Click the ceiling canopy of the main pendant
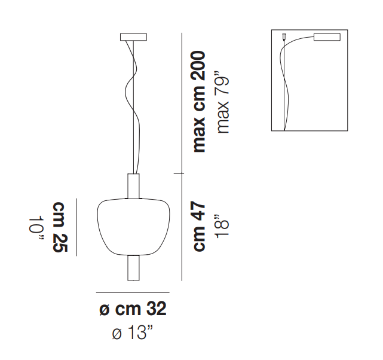tap(133, 37)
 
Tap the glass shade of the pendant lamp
tap(133, 227)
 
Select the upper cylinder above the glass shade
tap(133, 186)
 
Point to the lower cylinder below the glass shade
tap(133, 268)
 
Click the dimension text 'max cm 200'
tap(199, 102)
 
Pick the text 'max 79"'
tap(222, 102)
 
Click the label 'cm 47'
tap(199, 226)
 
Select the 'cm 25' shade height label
tap(59, 227)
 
